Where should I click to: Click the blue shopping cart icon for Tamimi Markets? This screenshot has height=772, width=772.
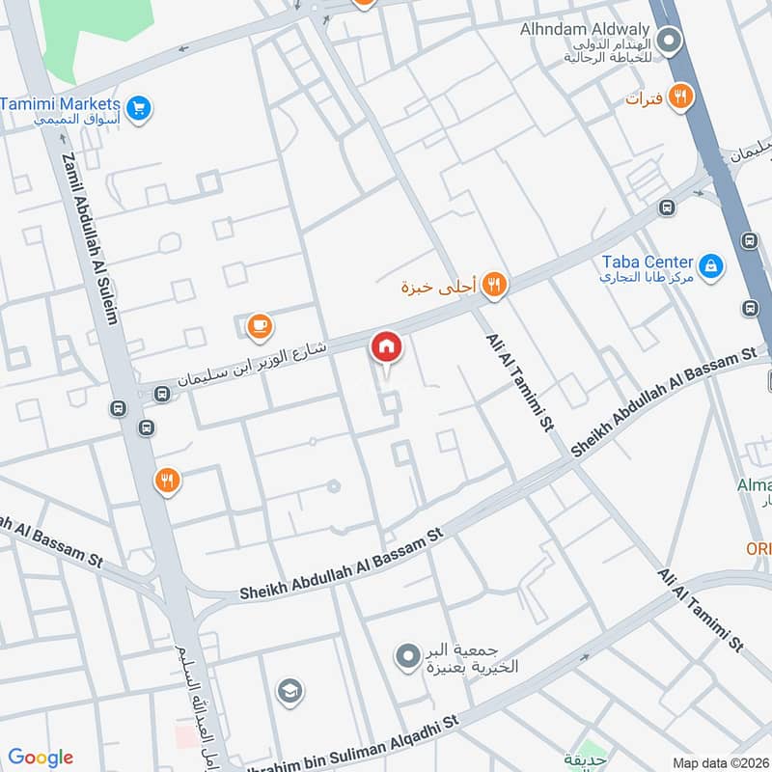(x=139, y=107)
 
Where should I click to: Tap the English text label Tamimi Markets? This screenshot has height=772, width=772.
(x=61, y=103)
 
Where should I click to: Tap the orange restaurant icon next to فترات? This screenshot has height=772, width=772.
(x=681, y=96)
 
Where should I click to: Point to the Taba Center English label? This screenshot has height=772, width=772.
(x=648, y=262)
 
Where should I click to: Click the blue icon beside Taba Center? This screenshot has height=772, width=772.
(x=711, y=265)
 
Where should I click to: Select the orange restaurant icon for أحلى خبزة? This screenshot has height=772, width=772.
(x=495, y=284)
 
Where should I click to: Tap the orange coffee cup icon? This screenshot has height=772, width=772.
(x=259, y=327)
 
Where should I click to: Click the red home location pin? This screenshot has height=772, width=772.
(x=386, y=347)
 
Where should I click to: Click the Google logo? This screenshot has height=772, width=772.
(x=41, y=758)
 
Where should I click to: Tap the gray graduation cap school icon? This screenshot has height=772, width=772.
(x=288, y=691)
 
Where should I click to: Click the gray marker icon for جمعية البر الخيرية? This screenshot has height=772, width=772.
(x=408, y=657)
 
